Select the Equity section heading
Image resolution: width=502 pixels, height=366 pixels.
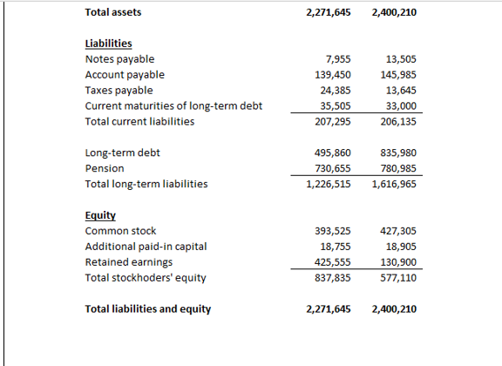click(x=100, y=214)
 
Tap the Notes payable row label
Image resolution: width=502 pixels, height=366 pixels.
click(x=119, y=59)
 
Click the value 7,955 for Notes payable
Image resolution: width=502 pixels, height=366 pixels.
click(x=337, y=59)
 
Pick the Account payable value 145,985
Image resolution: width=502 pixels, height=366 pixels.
click(x=398, y=75)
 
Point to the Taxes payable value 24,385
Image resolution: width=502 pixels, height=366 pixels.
click(x=335, y=91)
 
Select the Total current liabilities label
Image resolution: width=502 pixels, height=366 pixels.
click(x=139, y=122)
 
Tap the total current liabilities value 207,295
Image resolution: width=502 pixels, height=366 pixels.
click(x=332, y=122)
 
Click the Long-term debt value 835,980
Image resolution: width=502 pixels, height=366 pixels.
click(x=398, y=152)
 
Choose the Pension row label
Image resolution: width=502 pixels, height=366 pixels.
click(x=105, y=168)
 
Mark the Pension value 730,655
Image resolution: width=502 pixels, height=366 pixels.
click(x=332, y=168)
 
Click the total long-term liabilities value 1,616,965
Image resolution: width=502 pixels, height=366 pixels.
click(x=394, y=184)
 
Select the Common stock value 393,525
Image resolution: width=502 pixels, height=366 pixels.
click(x=332, y=231)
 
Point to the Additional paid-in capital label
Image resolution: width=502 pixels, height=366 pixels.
click(x=146, y=247)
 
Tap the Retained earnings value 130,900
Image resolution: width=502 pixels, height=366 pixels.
click(x=398, y=262)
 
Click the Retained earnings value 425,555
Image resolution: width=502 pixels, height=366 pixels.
click(x=332, y=262)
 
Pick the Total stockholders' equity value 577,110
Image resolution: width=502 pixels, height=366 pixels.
click(x=398, y=278)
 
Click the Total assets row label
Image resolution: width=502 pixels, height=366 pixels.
click(x=113, y=12)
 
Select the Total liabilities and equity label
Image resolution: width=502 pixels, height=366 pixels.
click(x=147, y=308)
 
